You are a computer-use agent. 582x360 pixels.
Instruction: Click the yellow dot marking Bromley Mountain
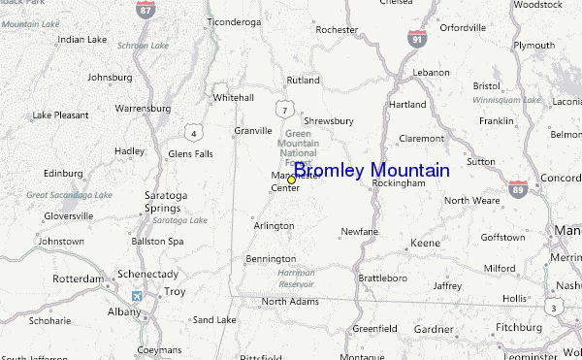[x=291, y=180]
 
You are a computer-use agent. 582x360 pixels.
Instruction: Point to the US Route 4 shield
[x=196, y=132]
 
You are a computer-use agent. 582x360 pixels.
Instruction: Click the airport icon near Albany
[x=135, y=295]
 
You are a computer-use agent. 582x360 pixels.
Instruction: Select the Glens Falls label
[x=190, y=153]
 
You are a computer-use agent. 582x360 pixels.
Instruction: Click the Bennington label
[x=271, y=259]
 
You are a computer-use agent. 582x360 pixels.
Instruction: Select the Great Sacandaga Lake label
[x=69, y=195]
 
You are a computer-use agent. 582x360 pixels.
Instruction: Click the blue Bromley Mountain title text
[x=372, y=171]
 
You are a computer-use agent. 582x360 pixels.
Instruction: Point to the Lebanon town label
[x=431, y=73]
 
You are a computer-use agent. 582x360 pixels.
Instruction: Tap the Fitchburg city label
[x=518, y=327]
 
